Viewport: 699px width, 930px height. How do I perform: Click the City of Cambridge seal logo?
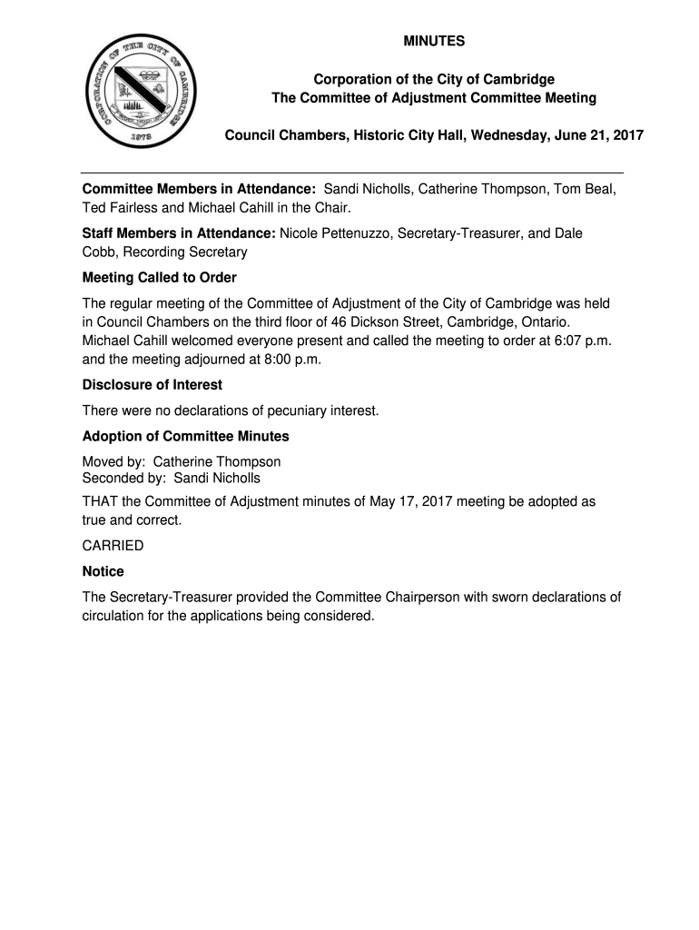[137, 91]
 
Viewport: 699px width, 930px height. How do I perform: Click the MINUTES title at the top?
[434, 41]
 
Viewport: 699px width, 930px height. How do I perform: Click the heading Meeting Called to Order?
[159, 277]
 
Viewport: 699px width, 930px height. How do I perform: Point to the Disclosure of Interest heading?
[152, 385]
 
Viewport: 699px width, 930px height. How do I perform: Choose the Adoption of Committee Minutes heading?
[185, 436]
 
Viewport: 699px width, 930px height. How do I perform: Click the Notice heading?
[103, 571]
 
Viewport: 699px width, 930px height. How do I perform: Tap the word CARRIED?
[113, 546]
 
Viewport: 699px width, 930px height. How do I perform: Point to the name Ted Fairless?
[120, 208]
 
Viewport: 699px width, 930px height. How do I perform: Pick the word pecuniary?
[281, 411]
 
